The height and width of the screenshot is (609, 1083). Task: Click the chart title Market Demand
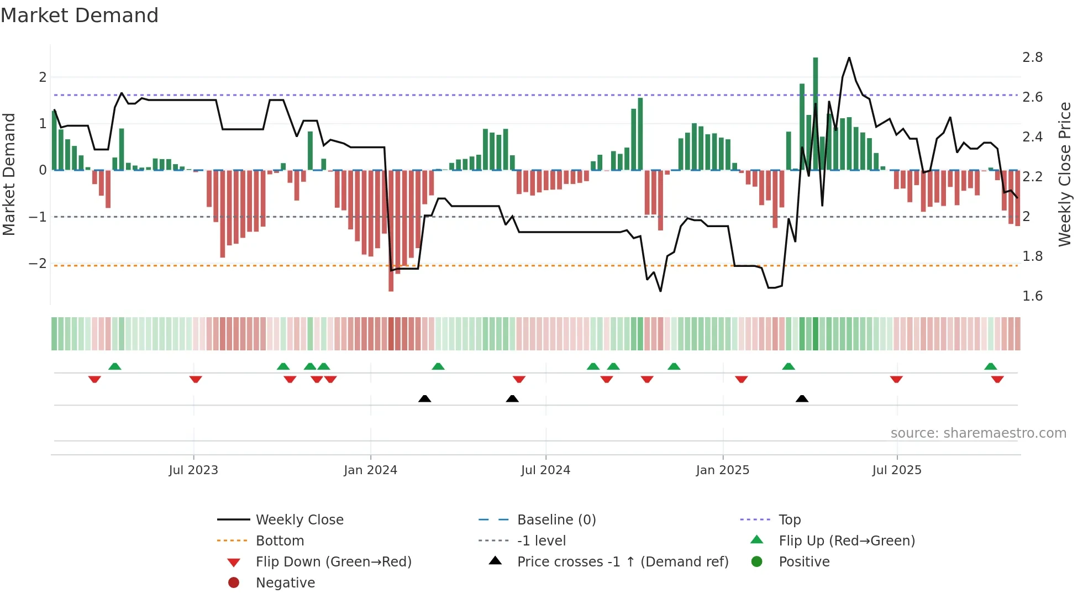point(80,15)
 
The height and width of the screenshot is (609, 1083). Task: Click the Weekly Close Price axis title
point(1064,174)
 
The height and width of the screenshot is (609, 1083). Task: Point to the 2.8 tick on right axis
point(1032,57)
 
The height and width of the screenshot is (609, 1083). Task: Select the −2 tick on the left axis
point(38,264)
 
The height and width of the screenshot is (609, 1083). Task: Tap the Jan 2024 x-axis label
point(370,470)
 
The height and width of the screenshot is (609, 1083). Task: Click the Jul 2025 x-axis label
point(896,470)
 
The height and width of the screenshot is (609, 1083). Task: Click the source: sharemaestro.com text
point(978,433)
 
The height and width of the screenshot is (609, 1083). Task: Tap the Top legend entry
point(789,520)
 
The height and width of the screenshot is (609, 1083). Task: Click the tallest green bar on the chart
point(815,111)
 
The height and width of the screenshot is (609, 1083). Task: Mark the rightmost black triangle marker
point(802,398)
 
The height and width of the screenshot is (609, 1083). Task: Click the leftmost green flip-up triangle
point(115,366)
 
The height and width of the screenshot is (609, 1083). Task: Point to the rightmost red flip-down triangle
point(997,379)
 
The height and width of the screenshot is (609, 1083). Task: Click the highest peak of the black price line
point(849,58)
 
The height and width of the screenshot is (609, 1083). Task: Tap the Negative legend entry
point(285,583)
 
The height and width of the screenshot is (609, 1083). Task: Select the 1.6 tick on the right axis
point(1032,296)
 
